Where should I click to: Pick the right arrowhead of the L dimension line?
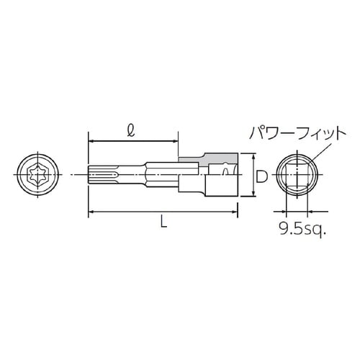point(235,212)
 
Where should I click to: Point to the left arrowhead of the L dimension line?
point(91,212)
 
